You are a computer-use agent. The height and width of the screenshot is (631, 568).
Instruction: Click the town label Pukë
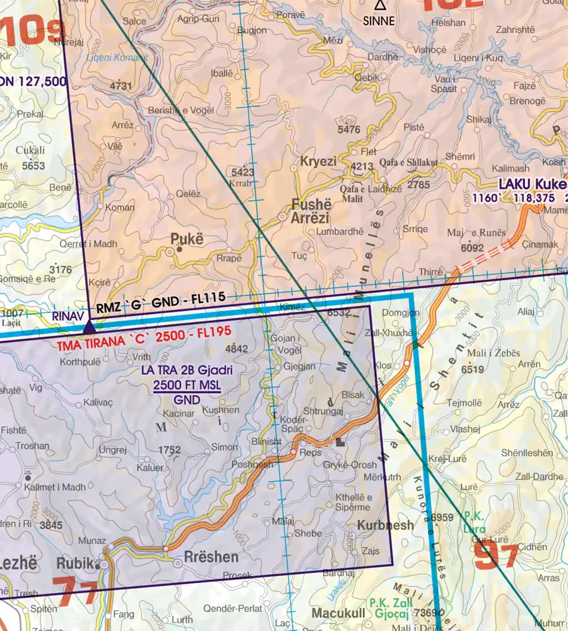(187, 239)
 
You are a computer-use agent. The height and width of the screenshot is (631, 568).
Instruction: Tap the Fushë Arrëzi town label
(311, 212)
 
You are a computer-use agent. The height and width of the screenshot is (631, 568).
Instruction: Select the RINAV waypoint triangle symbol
(90, 327)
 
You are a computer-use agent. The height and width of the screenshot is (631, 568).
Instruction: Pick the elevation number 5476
(349, 130)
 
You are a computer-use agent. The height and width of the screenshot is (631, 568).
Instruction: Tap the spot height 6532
(338, 312)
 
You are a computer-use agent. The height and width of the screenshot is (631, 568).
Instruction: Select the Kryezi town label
(318, 162)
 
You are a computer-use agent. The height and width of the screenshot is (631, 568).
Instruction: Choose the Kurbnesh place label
(386, 525)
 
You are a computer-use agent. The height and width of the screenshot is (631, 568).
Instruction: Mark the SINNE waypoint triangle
(379, 6)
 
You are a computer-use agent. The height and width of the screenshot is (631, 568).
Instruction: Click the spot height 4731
(121, 86)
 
